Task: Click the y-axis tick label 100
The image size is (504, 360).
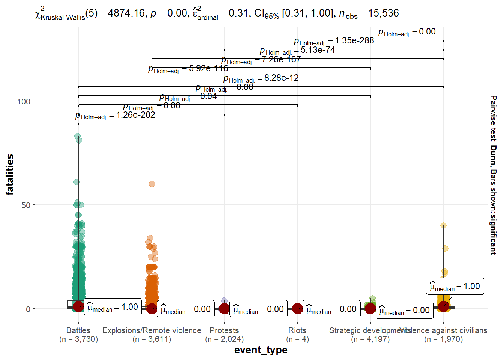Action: point(23,101)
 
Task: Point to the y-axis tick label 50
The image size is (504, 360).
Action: point(25,205)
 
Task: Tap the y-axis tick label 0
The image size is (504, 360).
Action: point(28,309)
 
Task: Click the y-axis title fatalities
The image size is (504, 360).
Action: point(10,174)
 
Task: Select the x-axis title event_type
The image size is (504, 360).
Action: point(261,350)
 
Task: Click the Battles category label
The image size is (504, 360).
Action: point(78,330)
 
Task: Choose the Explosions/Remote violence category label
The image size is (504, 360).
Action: point(151,330)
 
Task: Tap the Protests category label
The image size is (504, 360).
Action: point(224,330)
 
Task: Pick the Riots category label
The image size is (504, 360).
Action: point(297,330)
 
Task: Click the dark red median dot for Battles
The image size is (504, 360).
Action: point(79,306)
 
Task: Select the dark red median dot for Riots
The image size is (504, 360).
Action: point(297,309)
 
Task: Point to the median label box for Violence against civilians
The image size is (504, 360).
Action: point(454,286)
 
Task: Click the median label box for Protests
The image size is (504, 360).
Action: point(258,309)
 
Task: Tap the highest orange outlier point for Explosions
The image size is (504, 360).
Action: point(152,184)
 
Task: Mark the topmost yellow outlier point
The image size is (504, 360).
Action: point(443,226)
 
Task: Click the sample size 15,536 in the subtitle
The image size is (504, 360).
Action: point(383,13)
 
